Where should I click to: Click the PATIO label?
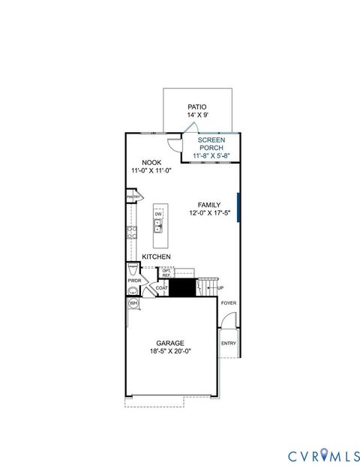point(197,107)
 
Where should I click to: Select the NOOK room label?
point(151,162)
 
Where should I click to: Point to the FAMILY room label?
point(209,204)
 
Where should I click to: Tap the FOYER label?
point(228,303)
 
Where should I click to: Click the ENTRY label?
point(228,344)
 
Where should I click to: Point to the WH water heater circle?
point(133,303)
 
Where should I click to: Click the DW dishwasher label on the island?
point(158,215)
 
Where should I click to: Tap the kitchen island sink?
point(158,224)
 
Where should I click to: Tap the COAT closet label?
point(161,287)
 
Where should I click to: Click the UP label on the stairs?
point(220,287)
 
